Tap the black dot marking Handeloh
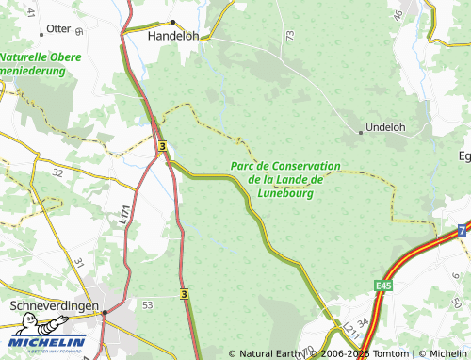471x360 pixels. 172,22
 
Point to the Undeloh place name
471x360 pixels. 384,126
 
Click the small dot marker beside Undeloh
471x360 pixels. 360,133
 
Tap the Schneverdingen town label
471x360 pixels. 54,307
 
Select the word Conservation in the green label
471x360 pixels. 304,166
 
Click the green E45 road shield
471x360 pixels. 382,285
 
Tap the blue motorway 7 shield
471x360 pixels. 462,230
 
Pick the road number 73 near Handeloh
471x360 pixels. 289,36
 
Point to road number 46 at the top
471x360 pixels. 398,14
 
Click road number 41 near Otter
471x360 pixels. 30,12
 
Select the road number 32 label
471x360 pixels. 57,173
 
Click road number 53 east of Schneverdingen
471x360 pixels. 147,305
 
